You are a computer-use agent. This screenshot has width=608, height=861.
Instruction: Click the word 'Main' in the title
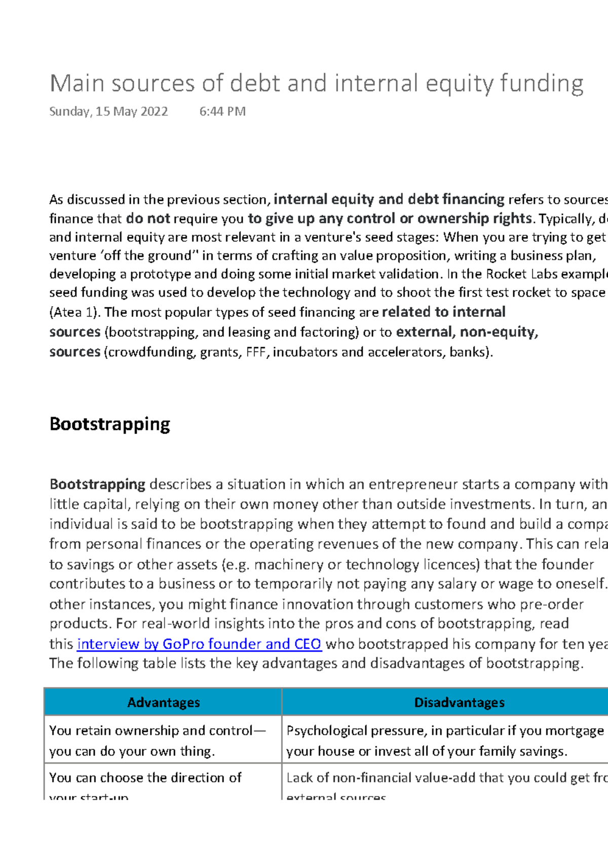click(77, 84)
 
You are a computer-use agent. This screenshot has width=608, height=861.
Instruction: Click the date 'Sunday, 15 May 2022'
click(108, 112)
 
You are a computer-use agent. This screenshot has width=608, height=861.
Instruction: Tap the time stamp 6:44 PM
click(222, 112)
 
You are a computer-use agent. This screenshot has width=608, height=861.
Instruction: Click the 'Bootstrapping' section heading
click(109, 424)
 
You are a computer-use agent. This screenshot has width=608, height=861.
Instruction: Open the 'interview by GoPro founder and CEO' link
click(199, 644)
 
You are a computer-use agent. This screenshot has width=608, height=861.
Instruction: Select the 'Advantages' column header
click(163, 702)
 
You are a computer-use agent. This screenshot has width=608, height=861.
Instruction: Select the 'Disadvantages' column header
click(459, 702)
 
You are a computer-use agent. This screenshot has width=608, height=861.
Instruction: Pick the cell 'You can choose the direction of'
click(145, 778)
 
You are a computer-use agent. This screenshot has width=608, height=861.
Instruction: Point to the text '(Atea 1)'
click(74, 312)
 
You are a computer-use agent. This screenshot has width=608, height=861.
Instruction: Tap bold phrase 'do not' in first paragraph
click(148, 219)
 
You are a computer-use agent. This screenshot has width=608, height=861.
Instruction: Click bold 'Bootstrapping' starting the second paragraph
click(97, 484)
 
